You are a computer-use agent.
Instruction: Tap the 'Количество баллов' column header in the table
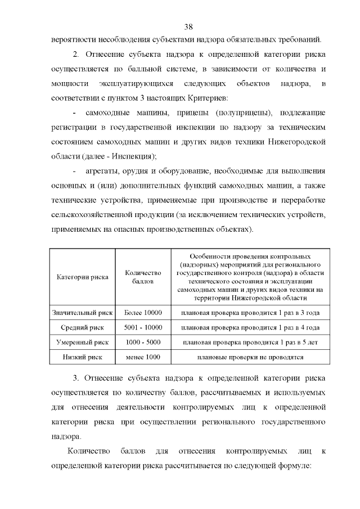[143, 276]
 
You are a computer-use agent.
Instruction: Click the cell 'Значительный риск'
[83, 312]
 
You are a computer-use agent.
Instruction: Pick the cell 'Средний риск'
[83, 327]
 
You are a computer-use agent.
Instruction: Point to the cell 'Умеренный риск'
[83, 341]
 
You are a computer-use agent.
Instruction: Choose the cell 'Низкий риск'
[83, 357]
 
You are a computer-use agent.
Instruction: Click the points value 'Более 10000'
[143, 312]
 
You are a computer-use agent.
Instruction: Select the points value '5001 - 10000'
[143, 327]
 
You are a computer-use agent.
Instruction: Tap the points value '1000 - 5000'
[143, 341]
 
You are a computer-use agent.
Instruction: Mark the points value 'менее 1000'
[143, 357]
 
